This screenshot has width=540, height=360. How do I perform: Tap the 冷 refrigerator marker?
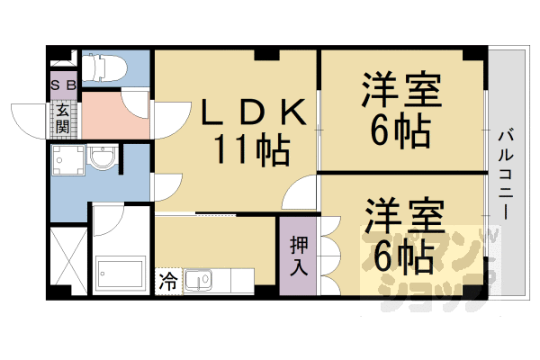click(168, 280)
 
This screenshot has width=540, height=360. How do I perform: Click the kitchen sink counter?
click(209, 281)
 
